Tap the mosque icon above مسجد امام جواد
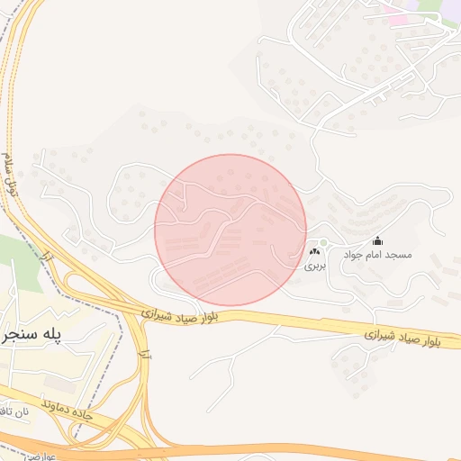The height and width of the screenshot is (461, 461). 377,241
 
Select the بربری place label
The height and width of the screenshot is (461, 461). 313,267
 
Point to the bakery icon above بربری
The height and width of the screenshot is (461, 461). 314,253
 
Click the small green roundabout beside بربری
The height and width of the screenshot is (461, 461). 323,243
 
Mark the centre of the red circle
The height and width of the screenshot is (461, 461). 230,230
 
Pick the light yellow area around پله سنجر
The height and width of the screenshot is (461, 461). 54,365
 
